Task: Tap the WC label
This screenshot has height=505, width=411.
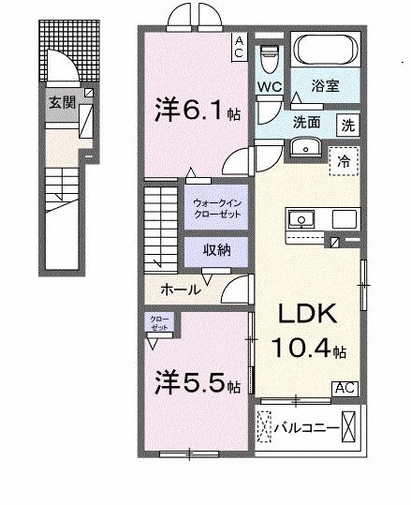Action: [270, 87]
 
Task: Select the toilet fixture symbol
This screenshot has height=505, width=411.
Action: [270, 56]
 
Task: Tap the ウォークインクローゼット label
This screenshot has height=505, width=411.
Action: [216, 206]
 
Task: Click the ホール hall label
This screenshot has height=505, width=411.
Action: [180, 290]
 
